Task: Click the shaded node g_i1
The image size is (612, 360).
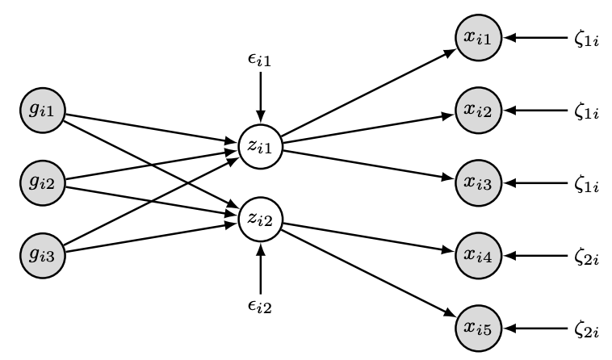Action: click(40, 111)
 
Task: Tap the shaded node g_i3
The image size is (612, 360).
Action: click(40, 256)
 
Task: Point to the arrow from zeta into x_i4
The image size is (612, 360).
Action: click(536, 256)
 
